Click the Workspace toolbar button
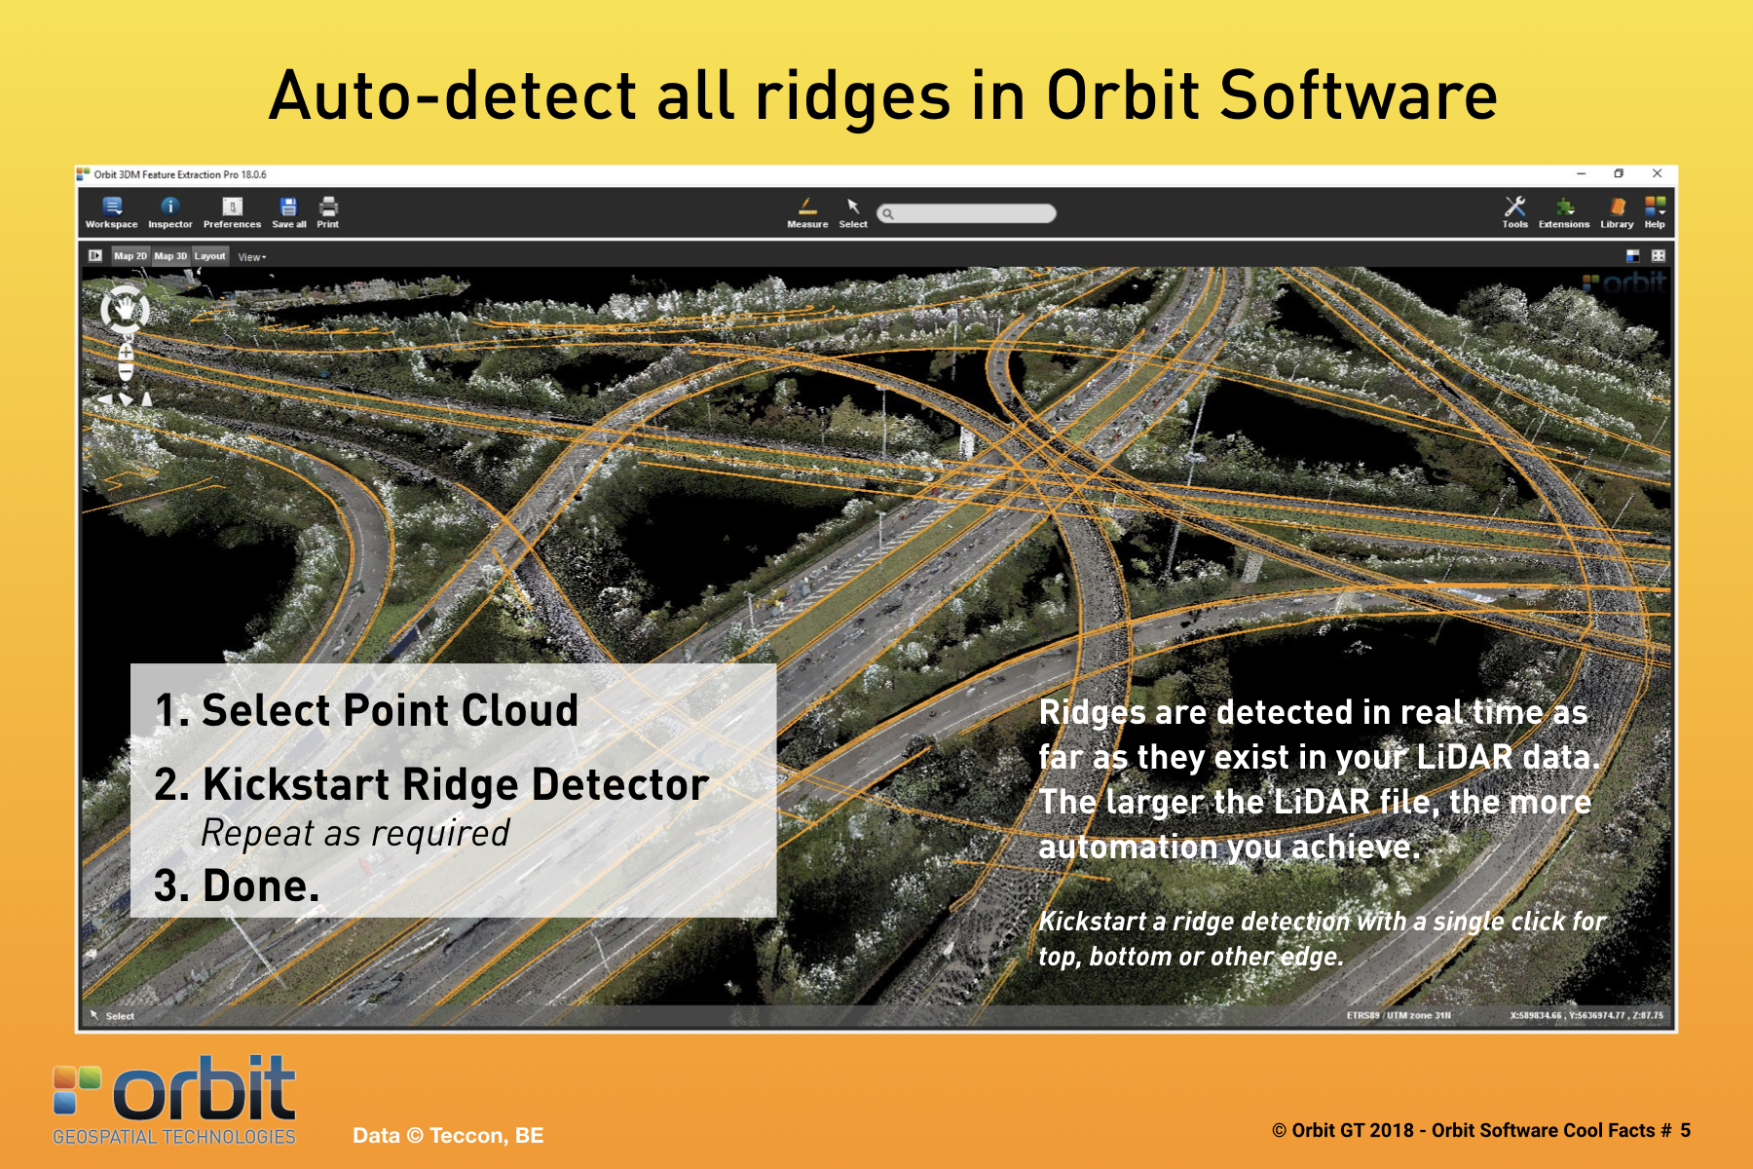[112, 212]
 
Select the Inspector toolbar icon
[170, 212]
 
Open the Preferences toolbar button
[232, 212]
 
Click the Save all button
[288, 212]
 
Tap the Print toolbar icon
[328, 212]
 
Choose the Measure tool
[807, 212]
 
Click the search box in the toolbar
[966, 213]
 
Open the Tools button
[1514, 212]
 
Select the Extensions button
[1564, 212]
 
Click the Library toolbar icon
[1617, 212]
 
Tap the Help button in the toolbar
[1655, 212]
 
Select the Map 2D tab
[130, 256]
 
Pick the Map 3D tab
[170, 256]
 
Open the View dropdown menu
[252, 257]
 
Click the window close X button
[1657, 173]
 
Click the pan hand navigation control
[125, 310]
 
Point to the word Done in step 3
[260, 886]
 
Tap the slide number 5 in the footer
[1685, 1130]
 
